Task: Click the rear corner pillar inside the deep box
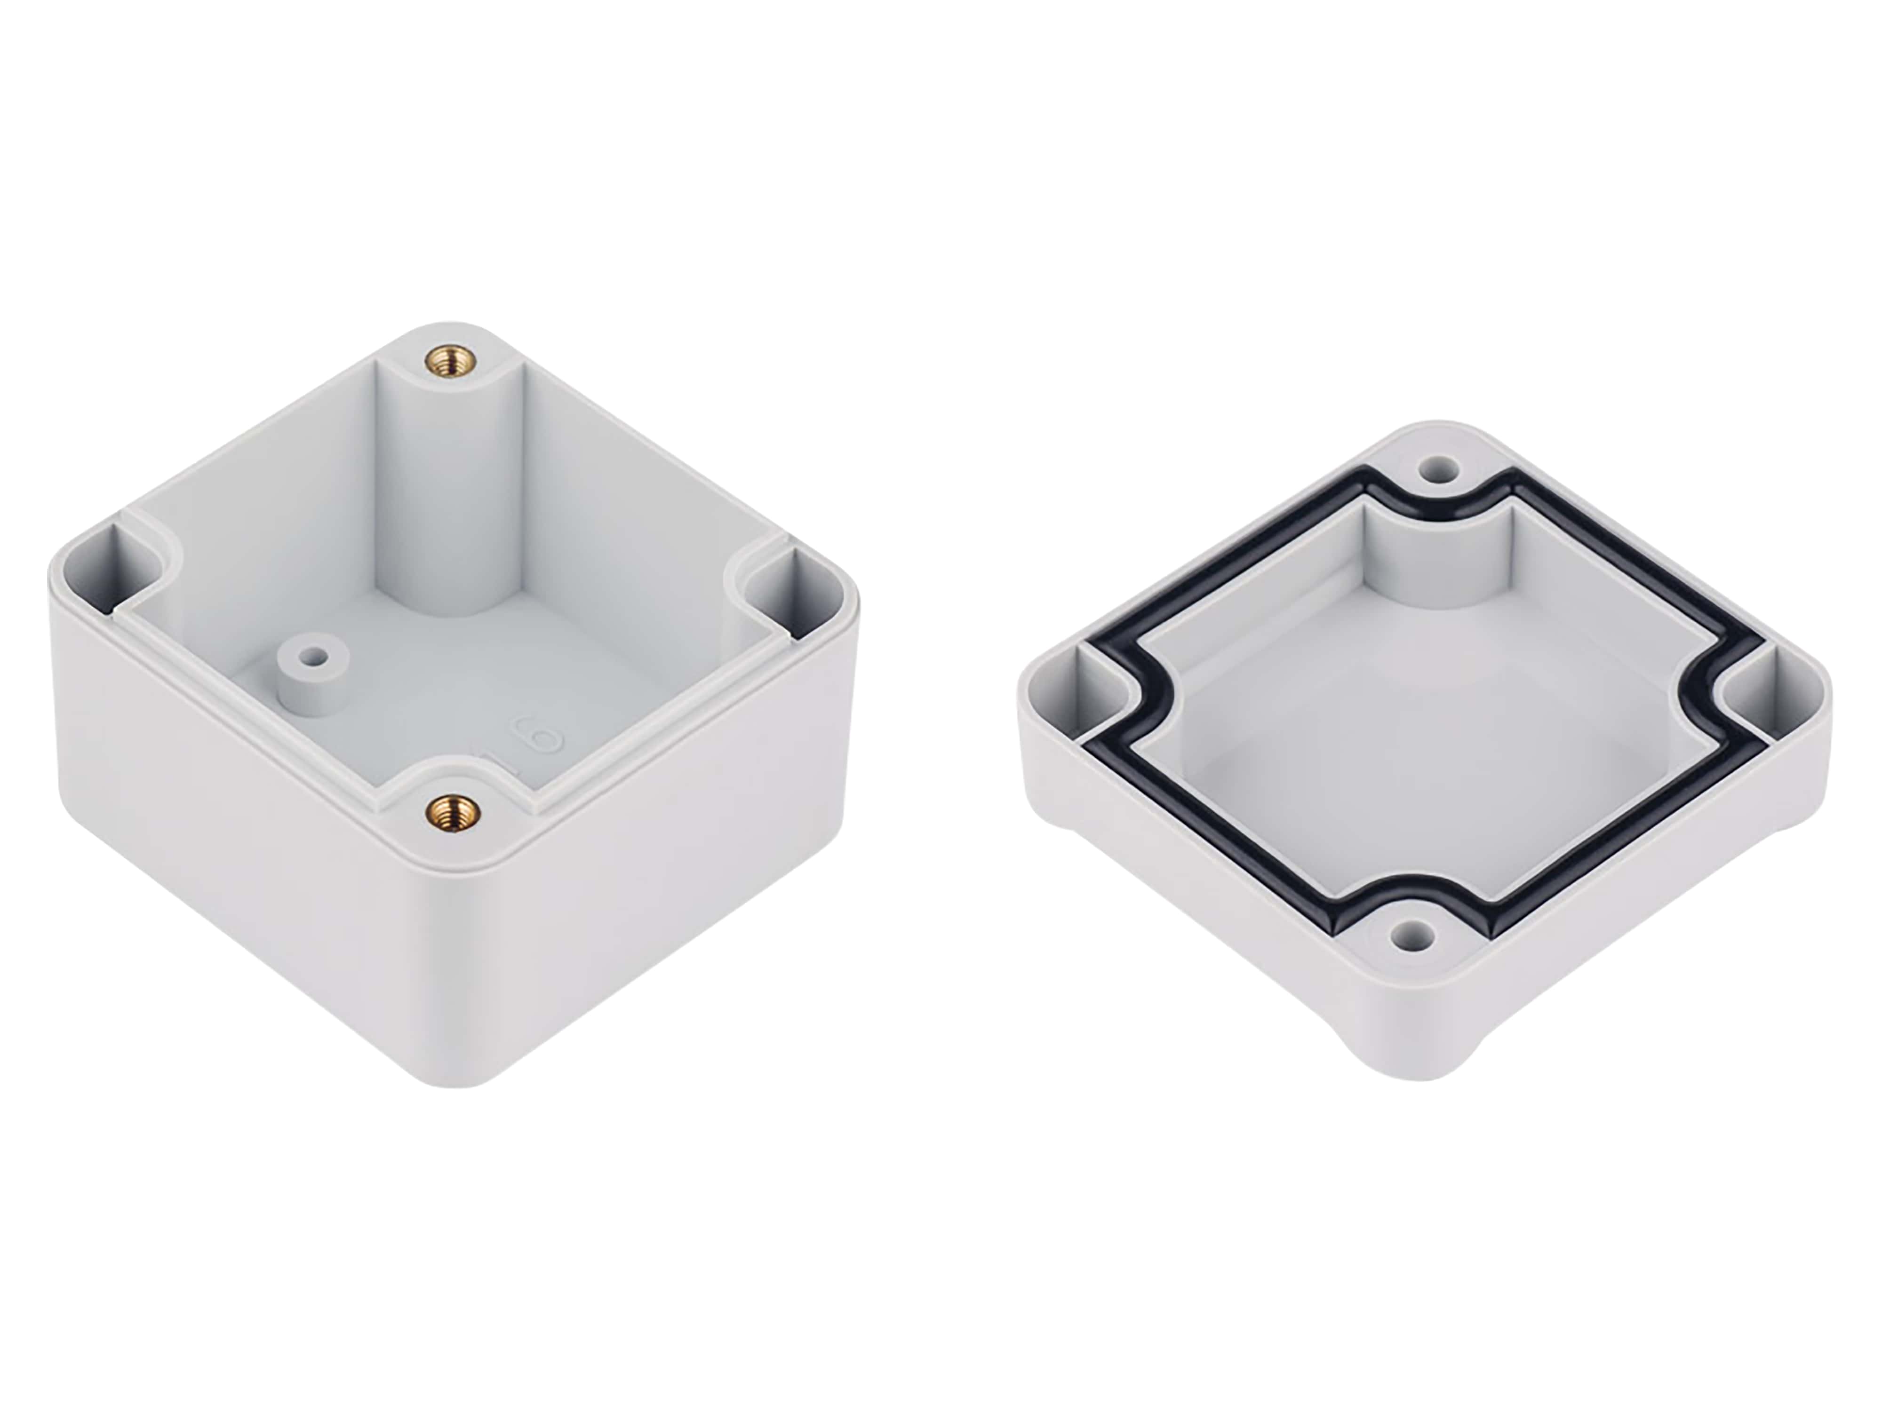[449, 493]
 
